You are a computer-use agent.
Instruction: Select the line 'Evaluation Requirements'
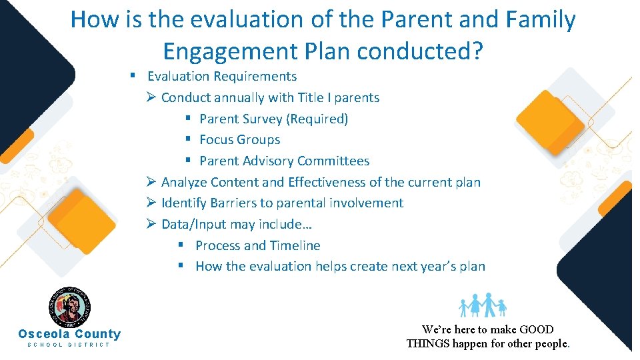tap(222, 77)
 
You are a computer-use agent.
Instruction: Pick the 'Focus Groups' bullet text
tap(240, 140)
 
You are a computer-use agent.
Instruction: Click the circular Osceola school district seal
tap(69, 307)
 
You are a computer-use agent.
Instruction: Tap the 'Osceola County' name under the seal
tap(69, 334)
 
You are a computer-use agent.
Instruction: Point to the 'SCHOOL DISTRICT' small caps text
tap(69, 345)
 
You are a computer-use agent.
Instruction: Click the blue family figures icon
tap(483, 305)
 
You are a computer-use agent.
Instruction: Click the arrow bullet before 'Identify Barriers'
tap(151, 203)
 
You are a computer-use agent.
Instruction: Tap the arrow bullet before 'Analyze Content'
tap(151, 182)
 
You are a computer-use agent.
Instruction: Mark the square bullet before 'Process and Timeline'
tap(181, 245)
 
